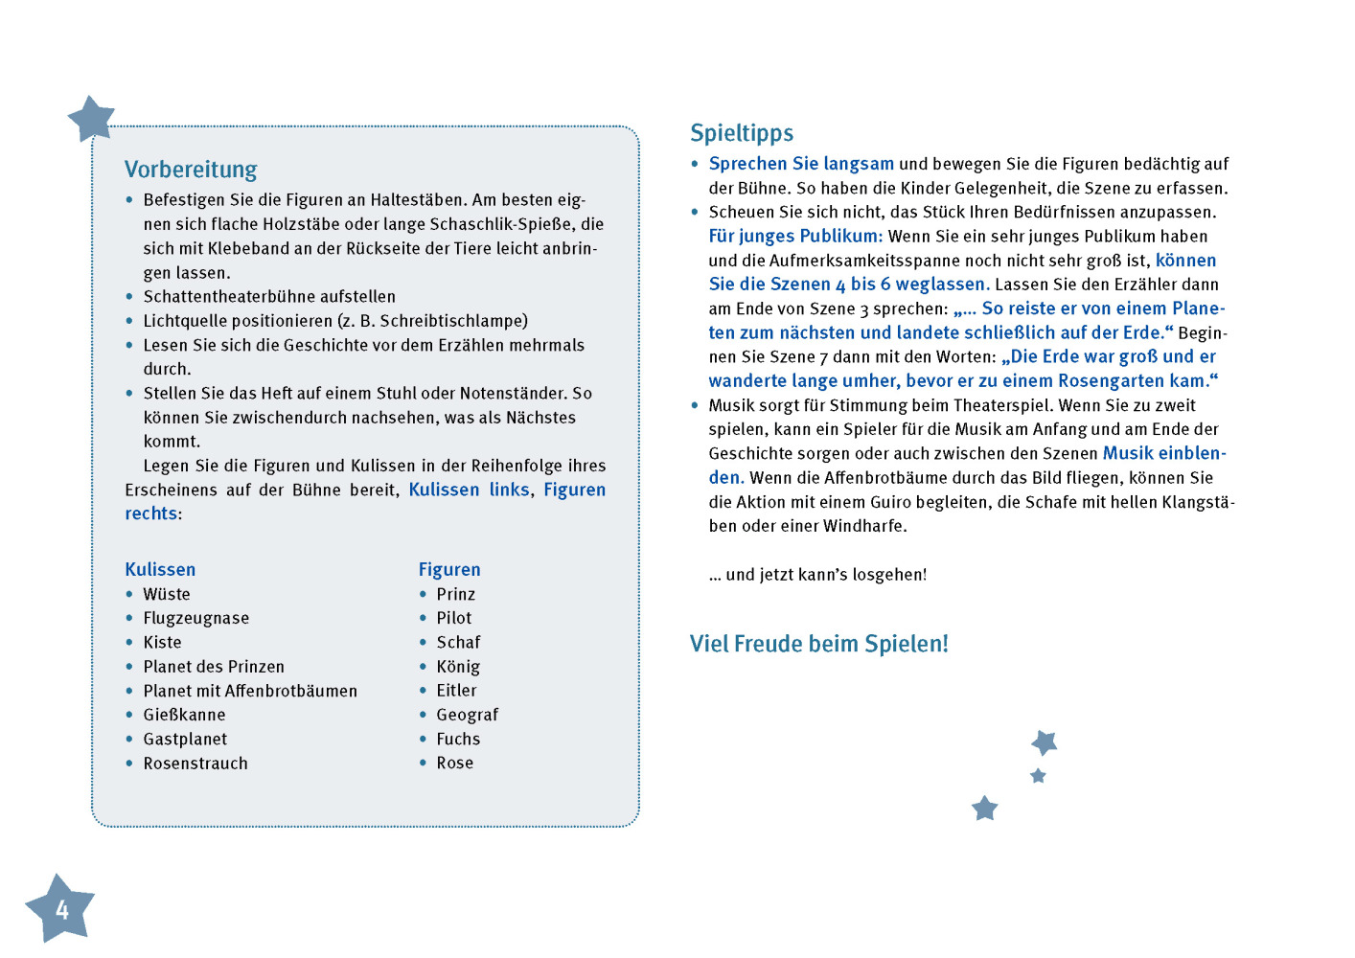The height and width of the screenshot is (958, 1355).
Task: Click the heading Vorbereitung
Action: (x=191, y=170)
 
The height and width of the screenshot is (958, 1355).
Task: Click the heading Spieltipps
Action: (x=742, y=133)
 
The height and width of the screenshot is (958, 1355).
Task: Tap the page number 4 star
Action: (x=60, y=908)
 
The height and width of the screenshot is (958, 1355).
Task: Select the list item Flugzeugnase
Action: (x=195, y=618)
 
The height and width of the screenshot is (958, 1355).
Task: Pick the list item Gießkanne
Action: (x=184, y=715)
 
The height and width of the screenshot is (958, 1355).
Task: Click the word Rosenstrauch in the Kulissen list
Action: (x=195, y=764)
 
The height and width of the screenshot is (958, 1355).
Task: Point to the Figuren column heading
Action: (x=449, y=569)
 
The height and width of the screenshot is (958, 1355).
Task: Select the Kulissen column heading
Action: (x=160, y=569)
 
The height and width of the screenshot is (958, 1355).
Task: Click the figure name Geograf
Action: (x=467, y=715)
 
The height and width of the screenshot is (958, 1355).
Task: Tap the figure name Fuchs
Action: (x=458, y=739)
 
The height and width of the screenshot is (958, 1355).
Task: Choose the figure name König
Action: (x=458, y=667)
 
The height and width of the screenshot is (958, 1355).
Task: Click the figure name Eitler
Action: (x=456, y=691)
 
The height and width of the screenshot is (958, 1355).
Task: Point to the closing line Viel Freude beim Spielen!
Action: (x=818, y=644)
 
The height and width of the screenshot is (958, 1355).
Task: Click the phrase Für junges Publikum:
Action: (x=795, y=237)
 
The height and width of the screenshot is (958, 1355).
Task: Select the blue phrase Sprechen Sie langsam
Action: (x=801, y=164)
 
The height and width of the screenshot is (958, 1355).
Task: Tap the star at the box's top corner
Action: (x=92, y=119)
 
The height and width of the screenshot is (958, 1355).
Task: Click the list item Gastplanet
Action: (x=185, y=739)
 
